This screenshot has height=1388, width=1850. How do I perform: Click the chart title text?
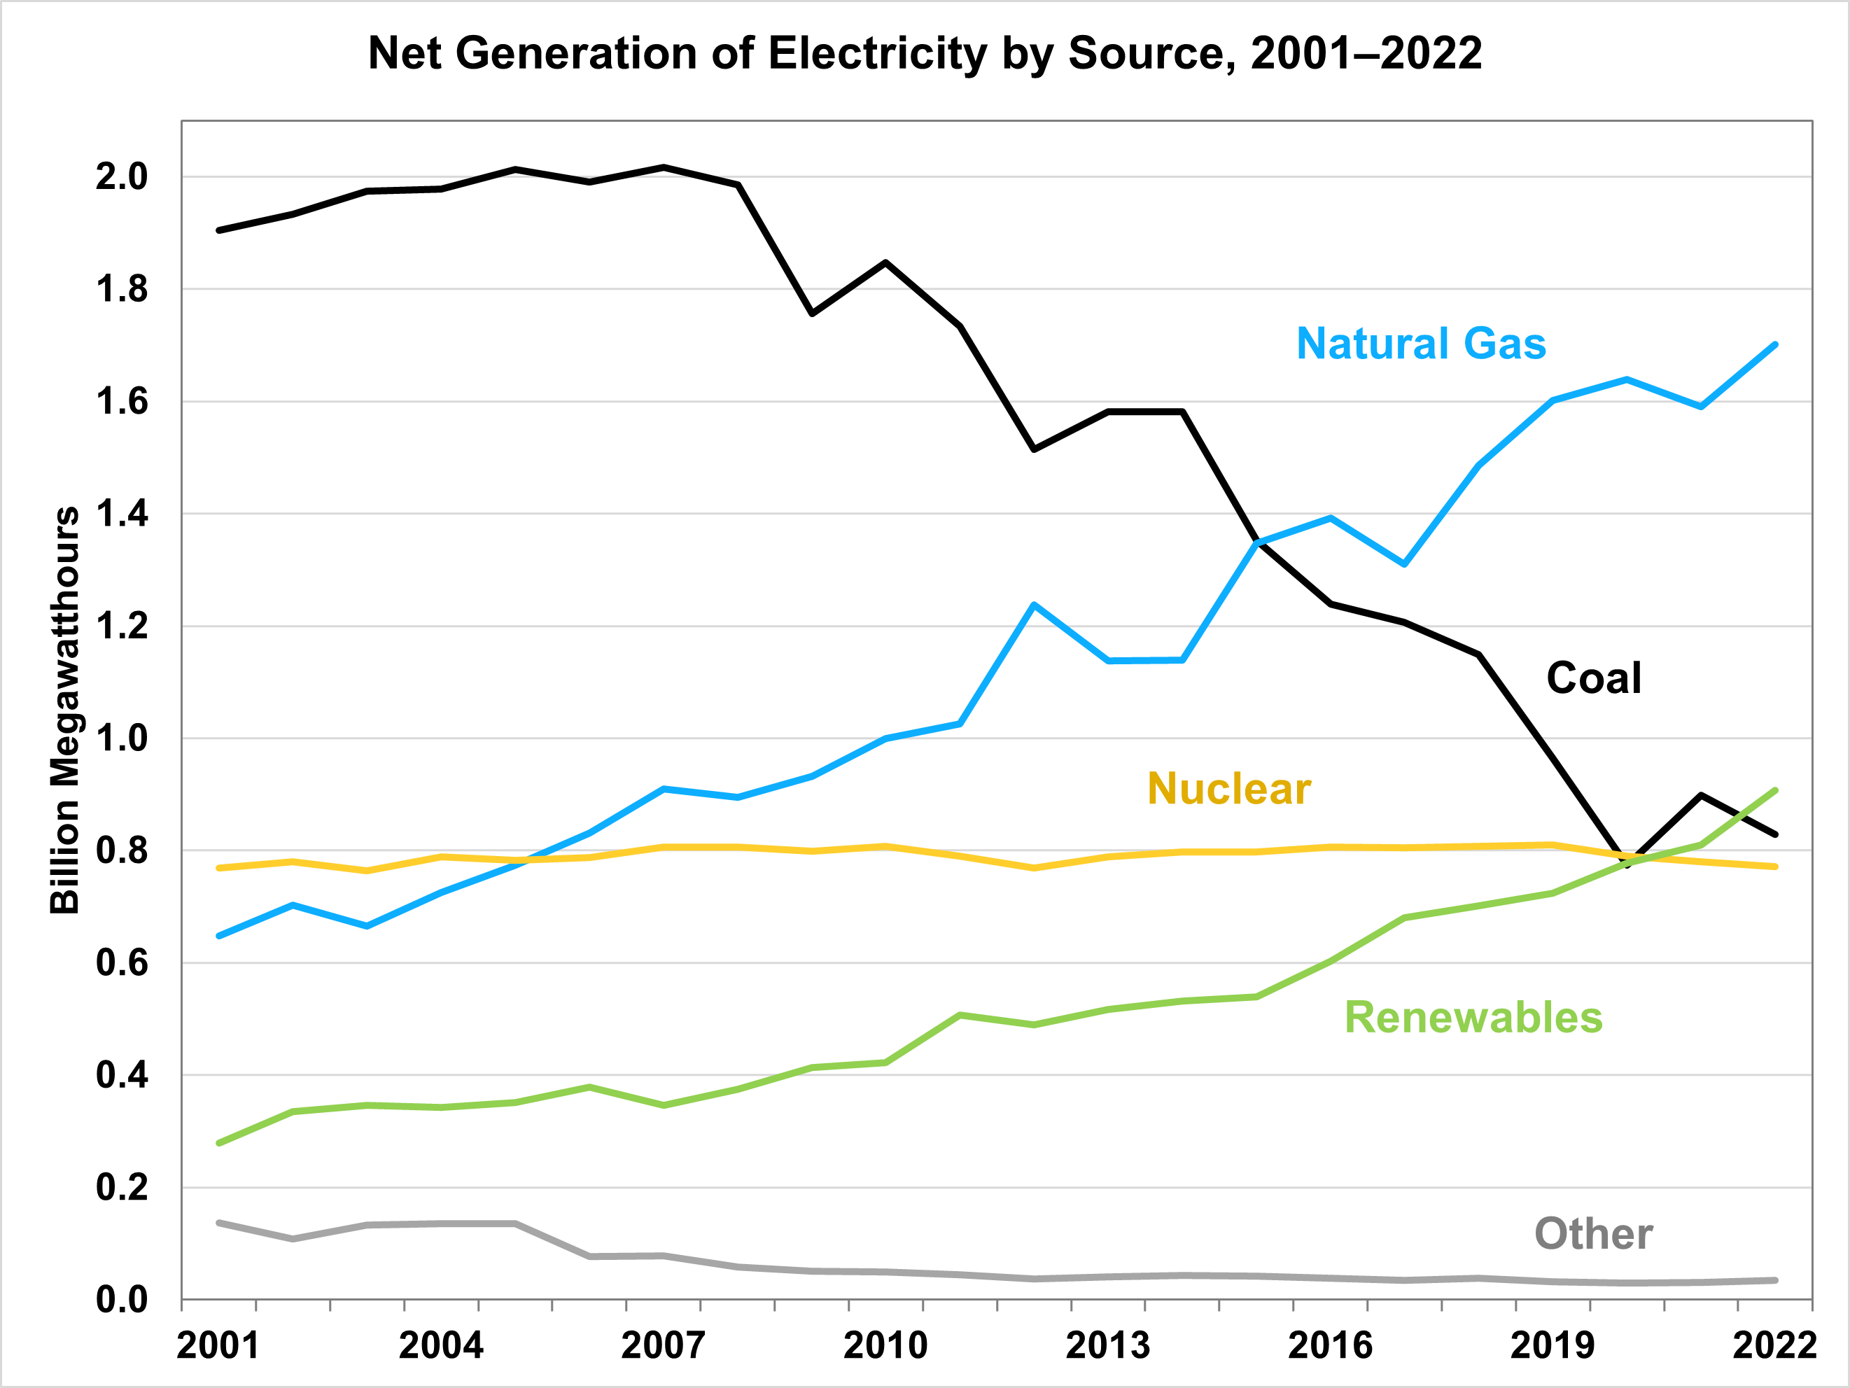click(x=925, y=53)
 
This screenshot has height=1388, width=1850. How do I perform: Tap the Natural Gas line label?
click(x=1421, y=344)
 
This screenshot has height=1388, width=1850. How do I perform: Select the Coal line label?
click(x=1593, y=678)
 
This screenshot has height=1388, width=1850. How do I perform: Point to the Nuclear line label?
click(x=1228, y=790)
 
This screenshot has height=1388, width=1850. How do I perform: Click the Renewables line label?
click(x=1473, y=1018)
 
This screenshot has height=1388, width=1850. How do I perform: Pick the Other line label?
click(x=1593, y=1234)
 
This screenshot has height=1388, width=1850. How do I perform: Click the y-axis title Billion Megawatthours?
click(x=64, y=710)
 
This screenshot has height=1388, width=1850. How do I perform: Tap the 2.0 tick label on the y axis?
click(x=121, y=176)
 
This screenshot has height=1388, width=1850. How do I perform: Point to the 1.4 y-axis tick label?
click(x=121, y=514)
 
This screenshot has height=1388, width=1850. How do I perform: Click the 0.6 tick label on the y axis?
click(x=121, y=963)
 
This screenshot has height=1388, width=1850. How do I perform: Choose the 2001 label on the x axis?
click(x=218, y=1345)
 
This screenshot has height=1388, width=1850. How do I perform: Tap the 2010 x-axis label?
click(x=885, y=1345)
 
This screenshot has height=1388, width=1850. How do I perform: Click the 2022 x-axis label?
click(x=1774, y=1345)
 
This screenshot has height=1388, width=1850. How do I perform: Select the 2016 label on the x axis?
click(x=1330, y=1345)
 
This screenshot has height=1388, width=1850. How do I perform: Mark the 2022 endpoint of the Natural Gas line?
click(x=1774, y=344)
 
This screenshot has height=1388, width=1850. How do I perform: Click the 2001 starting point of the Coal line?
click(x=219, y=230)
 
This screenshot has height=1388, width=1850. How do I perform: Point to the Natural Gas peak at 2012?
click(x=1035, y=605)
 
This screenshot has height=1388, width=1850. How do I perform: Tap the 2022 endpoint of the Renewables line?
click(x=1774, y=790)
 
